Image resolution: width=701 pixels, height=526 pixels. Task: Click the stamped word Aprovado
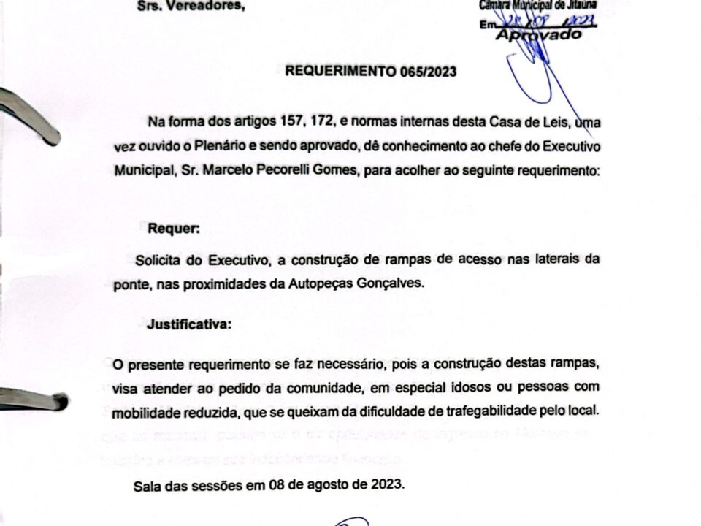(x=539, y=34)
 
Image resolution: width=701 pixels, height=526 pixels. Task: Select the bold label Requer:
(x=174, y=228)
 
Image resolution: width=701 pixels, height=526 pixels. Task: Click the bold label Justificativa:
(x=189, y=325)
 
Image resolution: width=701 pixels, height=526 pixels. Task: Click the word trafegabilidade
(x=497, y=411)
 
